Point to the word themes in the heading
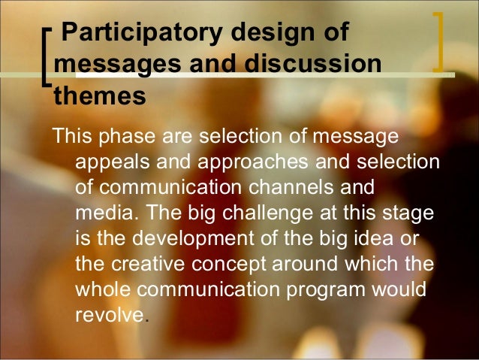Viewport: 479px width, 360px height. pos(98,96)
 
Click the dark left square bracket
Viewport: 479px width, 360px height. pos(49,56)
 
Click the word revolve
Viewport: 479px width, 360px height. pos(109,314)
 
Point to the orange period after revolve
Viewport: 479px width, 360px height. pos(145,320)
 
